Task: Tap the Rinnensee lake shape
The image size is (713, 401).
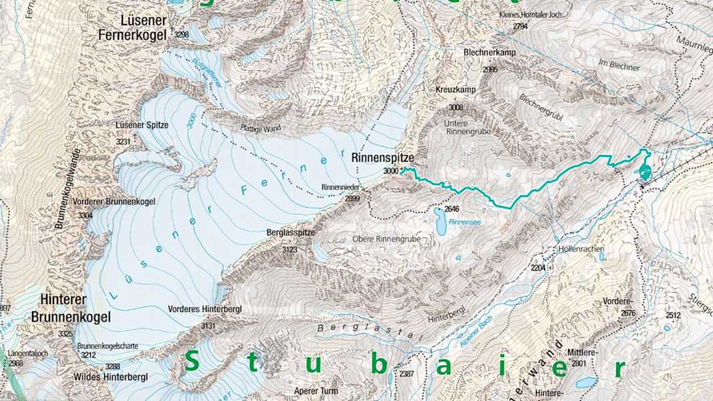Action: pos(440,222)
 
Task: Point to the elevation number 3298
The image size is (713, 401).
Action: pos(180,34)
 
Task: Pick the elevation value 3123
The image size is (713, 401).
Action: pos(289,249)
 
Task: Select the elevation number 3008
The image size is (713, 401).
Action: pos(456,107)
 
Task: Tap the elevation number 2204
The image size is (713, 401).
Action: pos(539,267)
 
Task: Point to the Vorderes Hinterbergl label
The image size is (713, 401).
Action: pos(211,309)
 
